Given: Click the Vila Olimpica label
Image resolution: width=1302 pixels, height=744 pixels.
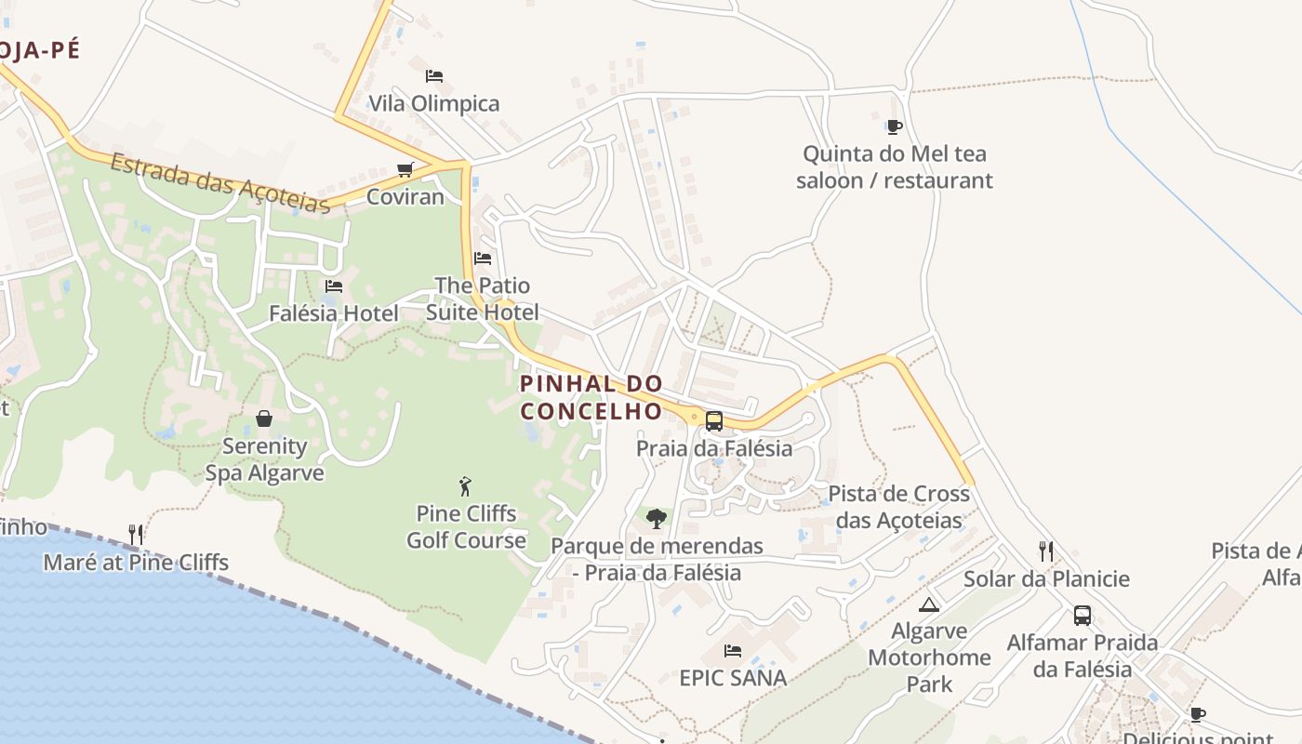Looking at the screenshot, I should point(434,103).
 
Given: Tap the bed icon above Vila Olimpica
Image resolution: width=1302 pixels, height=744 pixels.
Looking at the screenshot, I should point(434,75).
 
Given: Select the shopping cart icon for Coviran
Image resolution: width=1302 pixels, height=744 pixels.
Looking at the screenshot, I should point(405,169).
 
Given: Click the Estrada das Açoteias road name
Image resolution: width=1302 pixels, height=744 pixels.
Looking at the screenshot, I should point(220,182).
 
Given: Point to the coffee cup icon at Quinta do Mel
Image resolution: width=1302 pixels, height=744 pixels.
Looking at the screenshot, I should point(894,126).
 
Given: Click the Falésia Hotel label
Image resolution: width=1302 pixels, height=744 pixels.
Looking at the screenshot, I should point(333,313).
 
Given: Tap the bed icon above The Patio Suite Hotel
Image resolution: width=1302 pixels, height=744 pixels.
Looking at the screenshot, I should point(483,258).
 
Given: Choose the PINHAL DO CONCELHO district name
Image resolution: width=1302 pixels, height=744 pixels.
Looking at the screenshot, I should point(591,397).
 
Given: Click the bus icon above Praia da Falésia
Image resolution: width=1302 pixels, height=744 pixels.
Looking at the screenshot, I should point(713,420).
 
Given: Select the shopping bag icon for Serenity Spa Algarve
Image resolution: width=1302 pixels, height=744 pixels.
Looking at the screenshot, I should point(264,418).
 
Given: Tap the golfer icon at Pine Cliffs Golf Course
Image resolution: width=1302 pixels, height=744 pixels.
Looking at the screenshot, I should point(466,485).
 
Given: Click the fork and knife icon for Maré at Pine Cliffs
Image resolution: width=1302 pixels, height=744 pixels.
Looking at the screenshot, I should point(136,534).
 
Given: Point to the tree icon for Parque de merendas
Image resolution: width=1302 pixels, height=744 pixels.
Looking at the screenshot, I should point(657,518).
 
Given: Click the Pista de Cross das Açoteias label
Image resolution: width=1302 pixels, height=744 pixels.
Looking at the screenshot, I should point(898,507).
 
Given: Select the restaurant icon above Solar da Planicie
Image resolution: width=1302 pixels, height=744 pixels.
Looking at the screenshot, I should point(1046,551).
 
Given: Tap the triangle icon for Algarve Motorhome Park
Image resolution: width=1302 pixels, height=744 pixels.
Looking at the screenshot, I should point(928,605).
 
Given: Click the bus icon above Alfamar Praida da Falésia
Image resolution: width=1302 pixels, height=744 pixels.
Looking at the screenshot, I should point(1083,615).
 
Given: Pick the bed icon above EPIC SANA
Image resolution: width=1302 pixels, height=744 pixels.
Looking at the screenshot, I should point(733,650).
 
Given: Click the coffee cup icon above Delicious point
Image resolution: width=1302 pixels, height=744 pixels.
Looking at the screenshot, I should point(1198,714).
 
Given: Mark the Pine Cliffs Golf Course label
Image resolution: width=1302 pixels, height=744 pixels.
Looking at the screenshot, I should point(466,526).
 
